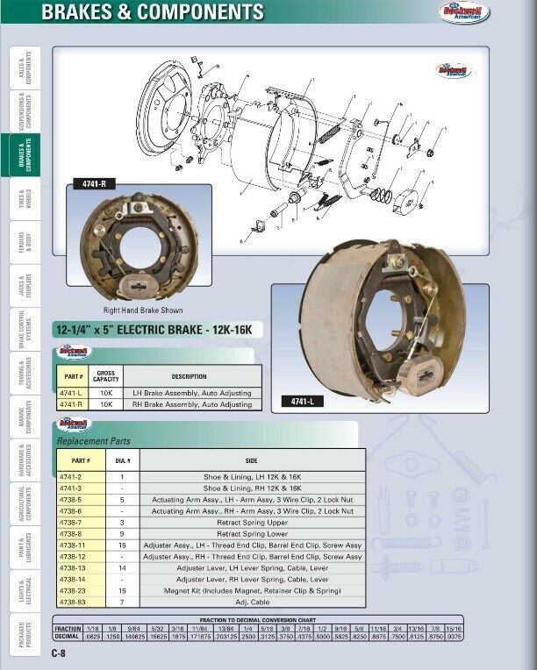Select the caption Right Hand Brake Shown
144,310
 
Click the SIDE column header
251,460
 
